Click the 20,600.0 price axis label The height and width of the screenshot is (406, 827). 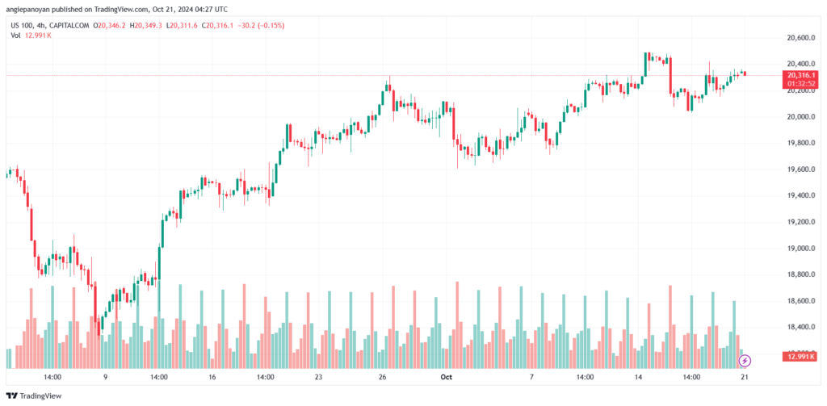pyautogui.click(x=796, y=38)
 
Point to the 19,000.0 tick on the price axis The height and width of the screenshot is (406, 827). pyautogui.click(x=796, y=248)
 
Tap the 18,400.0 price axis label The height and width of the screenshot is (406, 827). pyautogui.click(x=796, y=327)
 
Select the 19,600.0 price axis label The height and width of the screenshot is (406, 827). pyautogui.click(x=796, y=170)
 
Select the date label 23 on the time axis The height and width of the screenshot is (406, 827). pyautogui.click(x=319, y=376)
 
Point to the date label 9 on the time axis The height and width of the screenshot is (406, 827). pyautogui.click(x=105, y=376)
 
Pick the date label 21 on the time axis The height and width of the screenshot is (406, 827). pyautogui.click(x=743, y=376)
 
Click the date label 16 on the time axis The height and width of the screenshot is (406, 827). pyautogui.click(x=212, y=376)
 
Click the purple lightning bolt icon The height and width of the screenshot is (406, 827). pyautogui.click(x=745, y=360)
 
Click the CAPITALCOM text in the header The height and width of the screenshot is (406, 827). pyautogui.click(x=70, y=25)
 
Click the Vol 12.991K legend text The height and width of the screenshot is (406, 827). pyautogui.click(x=29, y=35)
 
